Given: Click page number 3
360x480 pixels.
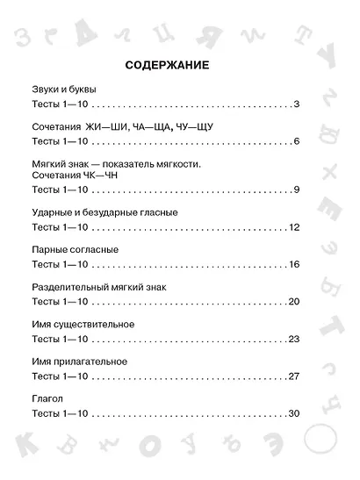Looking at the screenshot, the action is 299,106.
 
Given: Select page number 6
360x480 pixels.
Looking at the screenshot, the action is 299,141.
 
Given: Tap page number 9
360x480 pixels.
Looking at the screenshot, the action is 299,190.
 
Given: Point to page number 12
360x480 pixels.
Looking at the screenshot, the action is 295,227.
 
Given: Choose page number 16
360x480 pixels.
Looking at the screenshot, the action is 295,264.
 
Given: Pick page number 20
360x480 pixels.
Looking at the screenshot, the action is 295,301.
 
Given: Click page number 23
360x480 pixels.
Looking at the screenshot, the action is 295,339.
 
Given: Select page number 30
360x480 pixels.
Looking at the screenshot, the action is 295,413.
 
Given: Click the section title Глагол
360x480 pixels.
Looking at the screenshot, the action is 45,398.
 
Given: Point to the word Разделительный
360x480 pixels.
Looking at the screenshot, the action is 69,286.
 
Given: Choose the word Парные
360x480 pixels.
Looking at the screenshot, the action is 50,249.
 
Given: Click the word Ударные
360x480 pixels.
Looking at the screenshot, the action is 53,211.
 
